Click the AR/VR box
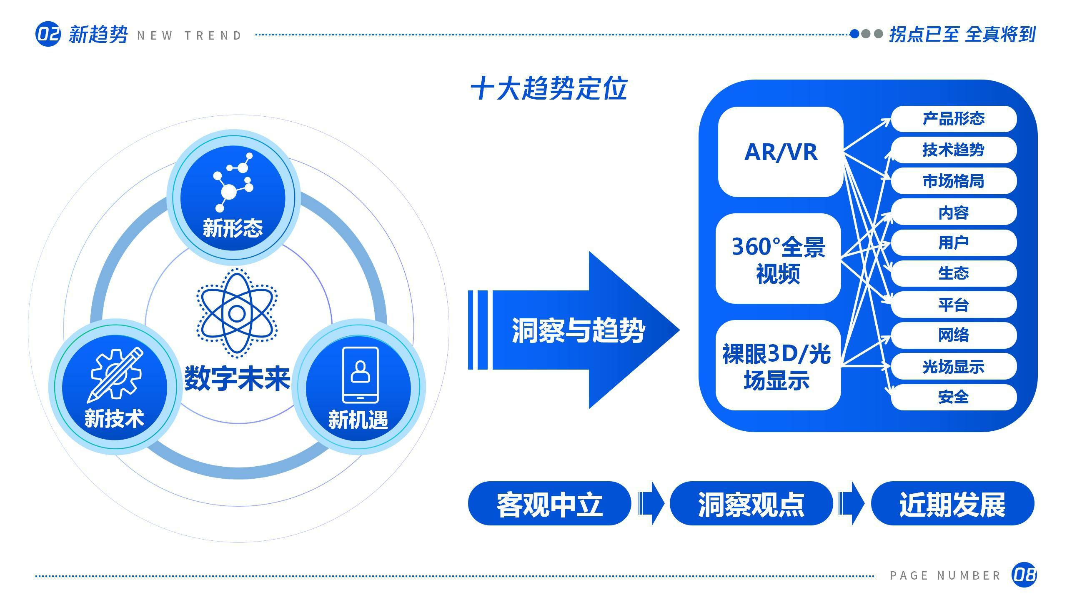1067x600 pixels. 780,152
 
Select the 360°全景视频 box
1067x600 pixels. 778,259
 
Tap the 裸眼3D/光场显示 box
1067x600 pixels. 778,365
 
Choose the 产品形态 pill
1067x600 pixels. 953,119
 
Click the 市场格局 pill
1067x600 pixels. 953,181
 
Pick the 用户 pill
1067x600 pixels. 953,242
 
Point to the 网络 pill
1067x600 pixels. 953,335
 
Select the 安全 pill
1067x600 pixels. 953,397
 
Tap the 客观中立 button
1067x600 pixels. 549,503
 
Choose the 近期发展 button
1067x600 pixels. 952,503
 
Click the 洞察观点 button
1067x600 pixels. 751,503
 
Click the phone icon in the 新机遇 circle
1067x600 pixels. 360,375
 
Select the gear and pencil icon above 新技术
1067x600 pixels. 115,375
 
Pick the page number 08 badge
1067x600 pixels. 1024,575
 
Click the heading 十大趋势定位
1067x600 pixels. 549,88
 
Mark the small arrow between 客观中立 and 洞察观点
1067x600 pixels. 651,503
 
